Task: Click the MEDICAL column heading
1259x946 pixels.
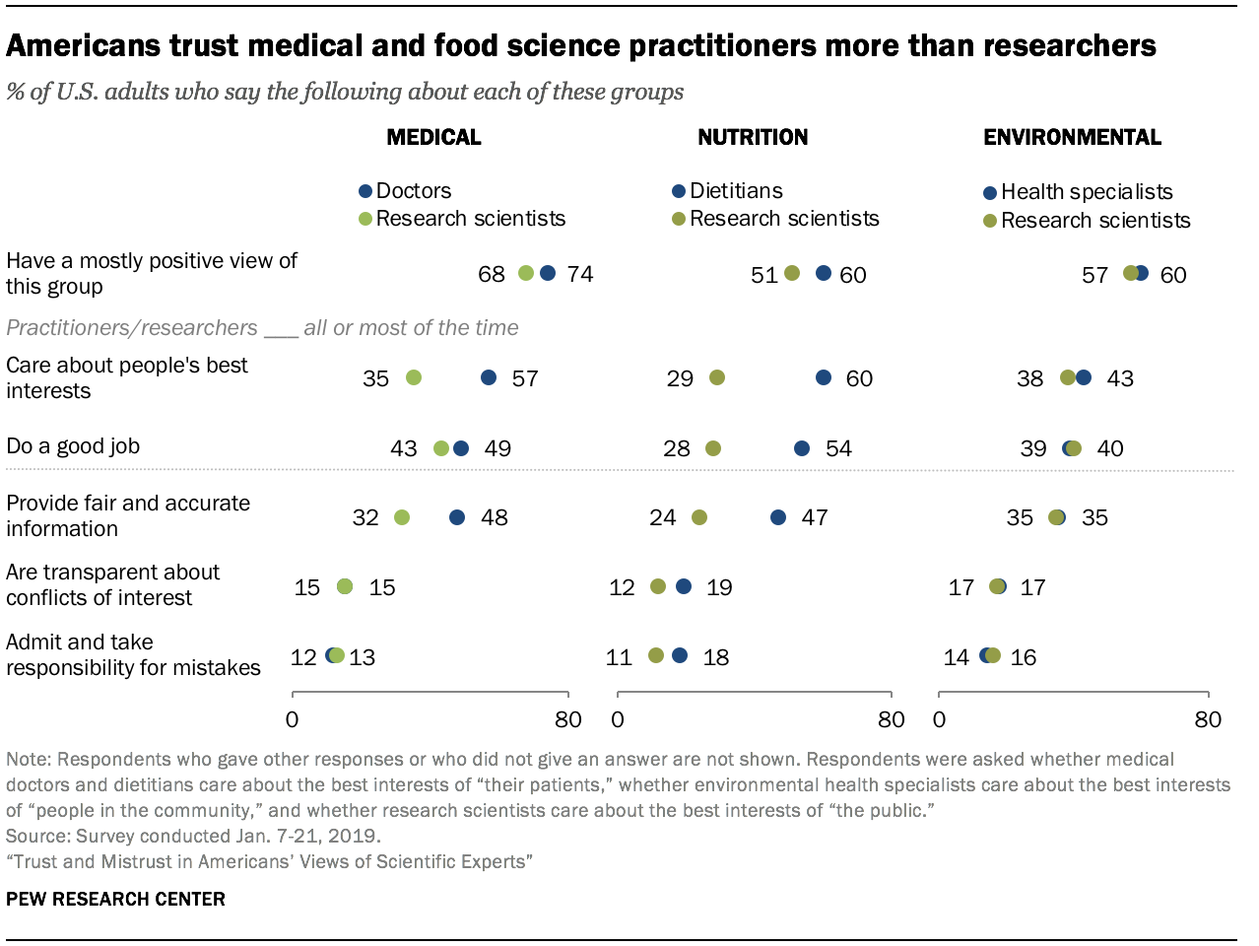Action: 433,137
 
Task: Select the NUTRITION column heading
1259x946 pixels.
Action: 753,137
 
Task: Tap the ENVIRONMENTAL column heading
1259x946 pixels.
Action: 1072,137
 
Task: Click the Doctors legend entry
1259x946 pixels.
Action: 405,191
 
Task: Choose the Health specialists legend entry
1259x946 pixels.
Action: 1079,192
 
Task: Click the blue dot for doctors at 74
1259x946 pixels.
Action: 548,273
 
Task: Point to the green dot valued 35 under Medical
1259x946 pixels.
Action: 414,377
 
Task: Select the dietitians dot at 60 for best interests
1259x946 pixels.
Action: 824,377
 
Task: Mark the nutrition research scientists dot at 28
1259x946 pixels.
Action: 713,448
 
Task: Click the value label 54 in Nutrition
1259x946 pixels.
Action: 838,449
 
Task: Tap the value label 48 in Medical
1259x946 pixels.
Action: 495,518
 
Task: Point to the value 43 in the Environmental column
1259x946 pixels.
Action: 1120,379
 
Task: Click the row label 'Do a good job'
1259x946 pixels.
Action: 73,446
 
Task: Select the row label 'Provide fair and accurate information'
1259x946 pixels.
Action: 128,515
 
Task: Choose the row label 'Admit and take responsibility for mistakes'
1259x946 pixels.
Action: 133,654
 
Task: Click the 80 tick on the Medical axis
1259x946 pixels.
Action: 567,719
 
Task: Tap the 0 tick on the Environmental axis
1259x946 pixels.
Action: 939,719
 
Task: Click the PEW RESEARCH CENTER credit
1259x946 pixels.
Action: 115,899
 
